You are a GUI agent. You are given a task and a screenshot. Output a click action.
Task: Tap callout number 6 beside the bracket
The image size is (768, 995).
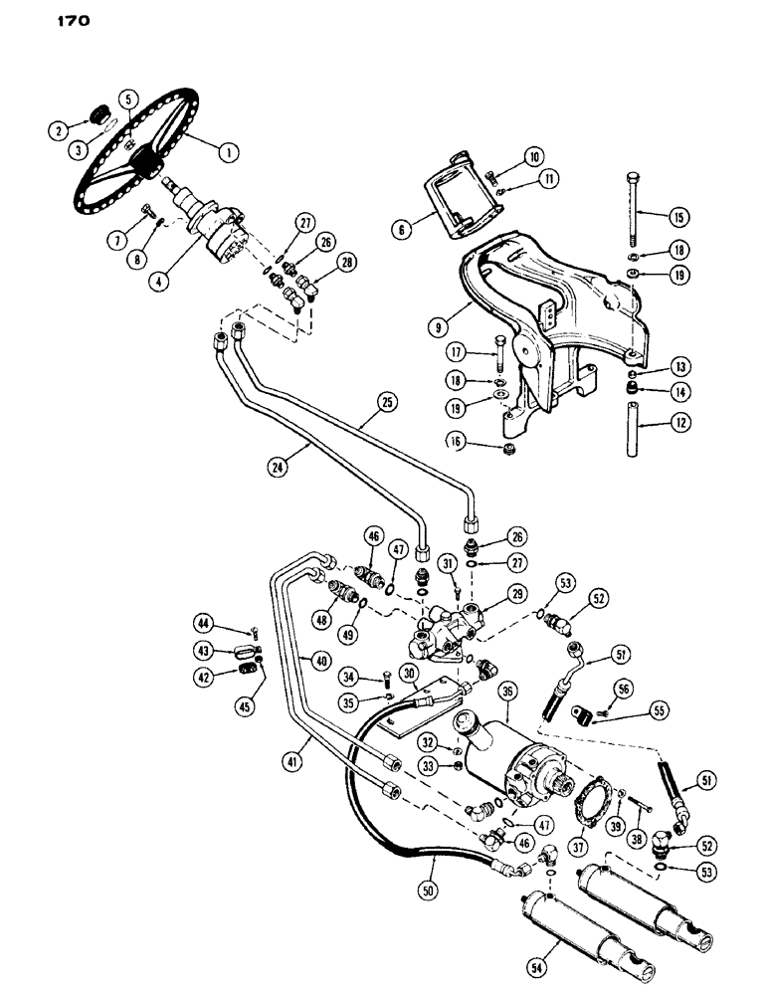405,229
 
